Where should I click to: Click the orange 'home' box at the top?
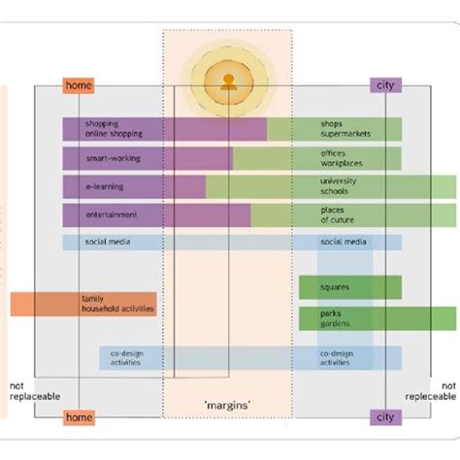(79, 85)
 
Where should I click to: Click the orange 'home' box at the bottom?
(79, 417)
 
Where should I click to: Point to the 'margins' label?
(227, 403)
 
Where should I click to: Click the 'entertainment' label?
(111, 214)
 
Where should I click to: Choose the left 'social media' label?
(107, 242)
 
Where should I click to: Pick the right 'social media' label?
(343, 242)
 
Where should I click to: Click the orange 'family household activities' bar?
(83, 304)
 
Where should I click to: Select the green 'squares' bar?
(349, 287)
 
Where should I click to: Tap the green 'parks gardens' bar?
(349, 318)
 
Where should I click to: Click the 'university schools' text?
(339, 185)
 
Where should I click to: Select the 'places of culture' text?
(339, 214)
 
